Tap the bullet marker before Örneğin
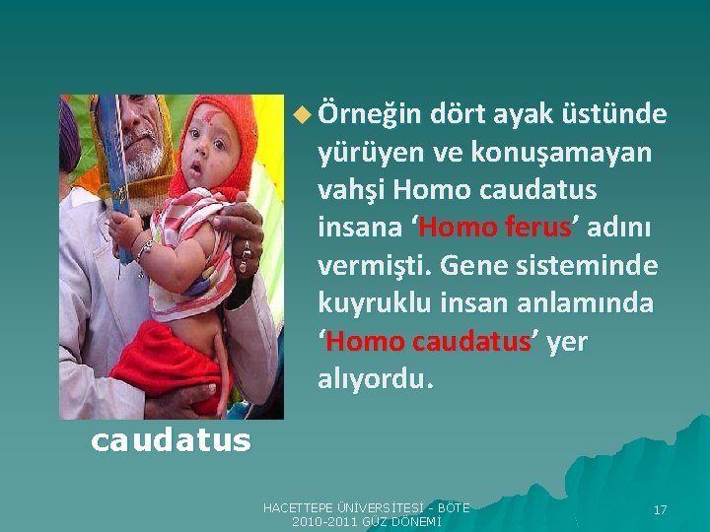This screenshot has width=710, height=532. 301,116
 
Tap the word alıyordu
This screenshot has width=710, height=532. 376,379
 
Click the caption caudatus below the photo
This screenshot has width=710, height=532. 171,439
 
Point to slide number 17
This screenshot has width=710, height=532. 661,509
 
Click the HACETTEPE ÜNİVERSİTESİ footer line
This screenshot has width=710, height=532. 366,506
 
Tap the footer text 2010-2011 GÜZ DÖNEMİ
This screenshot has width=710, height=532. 366,520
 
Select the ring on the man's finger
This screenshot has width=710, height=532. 245,251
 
